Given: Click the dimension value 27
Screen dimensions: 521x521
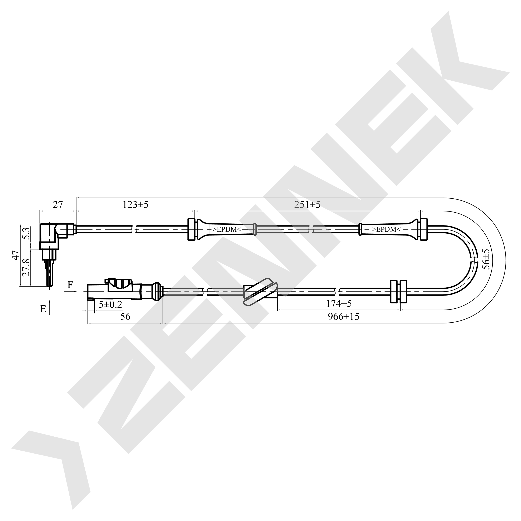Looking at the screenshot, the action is coord(58,205).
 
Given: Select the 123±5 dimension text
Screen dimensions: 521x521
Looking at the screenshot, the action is coord(135,205).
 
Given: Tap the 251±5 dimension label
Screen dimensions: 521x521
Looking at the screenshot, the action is coord(307,205).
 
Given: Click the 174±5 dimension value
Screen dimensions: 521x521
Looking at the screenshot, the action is coord(339,304).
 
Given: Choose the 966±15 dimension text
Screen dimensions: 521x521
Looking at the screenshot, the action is coord(344,316).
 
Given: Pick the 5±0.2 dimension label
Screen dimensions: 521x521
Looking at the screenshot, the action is coord(110,304).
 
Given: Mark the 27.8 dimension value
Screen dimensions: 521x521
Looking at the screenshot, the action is coord(26,268).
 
